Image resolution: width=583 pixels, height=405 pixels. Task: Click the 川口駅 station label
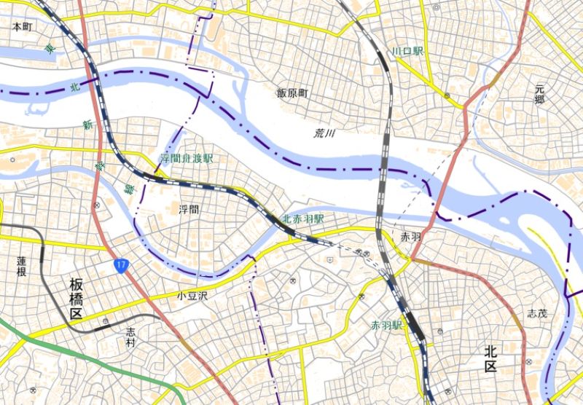[x=407, y=51]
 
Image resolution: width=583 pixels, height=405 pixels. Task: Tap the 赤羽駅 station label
[x=386, y=325]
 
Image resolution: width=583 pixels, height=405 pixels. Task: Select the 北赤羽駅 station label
[x=303, y=219]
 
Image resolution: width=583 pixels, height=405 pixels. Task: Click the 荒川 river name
[x=324, y=133]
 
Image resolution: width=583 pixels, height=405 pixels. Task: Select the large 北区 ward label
[x=500, y=358]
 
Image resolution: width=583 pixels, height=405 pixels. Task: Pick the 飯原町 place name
[x=292, y=93]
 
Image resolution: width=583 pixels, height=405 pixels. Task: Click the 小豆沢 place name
[x=192, y=296]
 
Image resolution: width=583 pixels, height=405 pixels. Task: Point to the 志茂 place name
[x=536, y=314]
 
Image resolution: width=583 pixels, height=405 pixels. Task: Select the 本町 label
[x=23, y=25]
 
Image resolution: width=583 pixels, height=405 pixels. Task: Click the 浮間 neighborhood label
[x=188, y=209]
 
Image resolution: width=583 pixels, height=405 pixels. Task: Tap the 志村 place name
[x=130, y=337]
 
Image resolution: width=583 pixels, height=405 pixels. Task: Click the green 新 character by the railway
[x=87, y=125]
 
